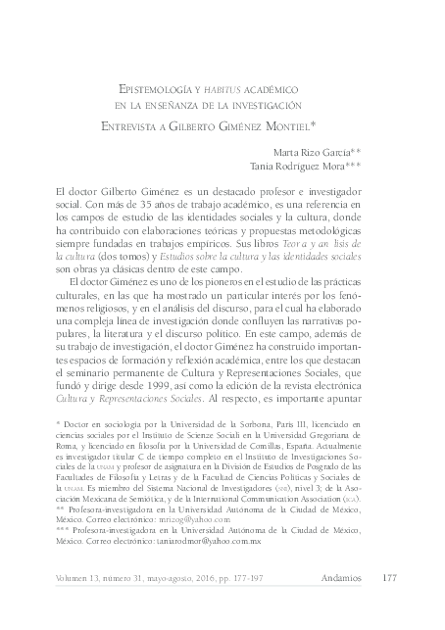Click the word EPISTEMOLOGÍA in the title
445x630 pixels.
[x=153, y=87]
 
